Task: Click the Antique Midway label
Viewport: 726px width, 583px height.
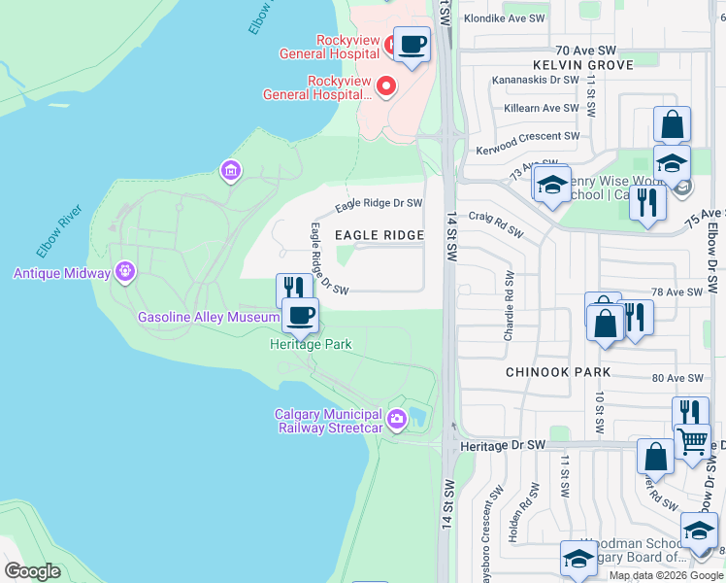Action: (62, 273)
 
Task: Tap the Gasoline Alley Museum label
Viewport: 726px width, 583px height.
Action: (208, 317)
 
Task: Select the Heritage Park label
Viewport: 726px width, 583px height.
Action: (310, 344)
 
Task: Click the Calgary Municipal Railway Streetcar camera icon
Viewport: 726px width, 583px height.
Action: (396, 419)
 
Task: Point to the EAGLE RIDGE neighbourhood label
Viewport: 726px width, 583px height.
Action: (379, 235)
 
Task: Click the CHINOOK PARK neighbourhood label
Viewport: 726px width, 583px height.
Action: (558, 372)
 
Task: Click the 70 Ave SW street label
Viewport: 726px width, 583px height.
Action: (586, 50)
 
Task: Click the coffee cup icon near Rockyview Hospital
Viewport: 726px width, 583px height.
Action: (412, 44)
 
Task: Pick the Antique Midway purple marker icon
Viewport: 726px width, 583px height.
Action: (124, 272)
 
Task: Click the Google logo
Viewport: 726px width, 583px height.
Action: (32, 571)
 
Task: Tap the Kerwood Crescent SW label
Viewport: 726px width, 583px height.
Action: (527, 151)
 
